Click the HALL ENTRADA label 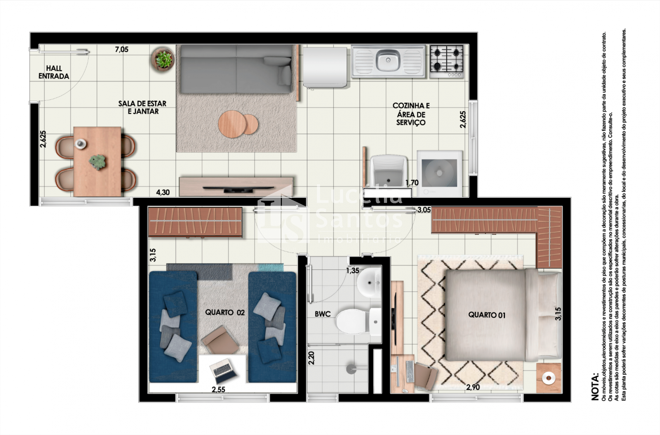pos(54,72)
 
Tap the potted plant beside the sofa pos(163,59)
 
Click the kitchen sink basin pos(388,61)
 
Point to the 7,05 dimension pos(122,50)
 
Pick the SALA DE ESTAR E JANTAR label pos(143,107)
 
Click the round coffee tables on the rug pos(238,124)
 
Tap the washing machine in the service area pos(440,174)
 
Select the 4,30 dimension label pos(163,192)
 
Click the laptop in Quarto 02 pos(224,371)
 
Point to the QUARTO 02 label pos(225,312)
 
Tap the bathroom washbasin pos(368,283)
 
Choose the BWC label pos(322,314)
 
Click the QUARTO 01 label pos(487,315)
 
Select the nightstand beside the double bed pos(549,378)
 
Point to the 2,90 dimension pos(473,387)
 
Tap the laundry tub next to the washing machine pos(388,171)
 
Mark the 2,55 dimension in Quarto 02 pos(218,390)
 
